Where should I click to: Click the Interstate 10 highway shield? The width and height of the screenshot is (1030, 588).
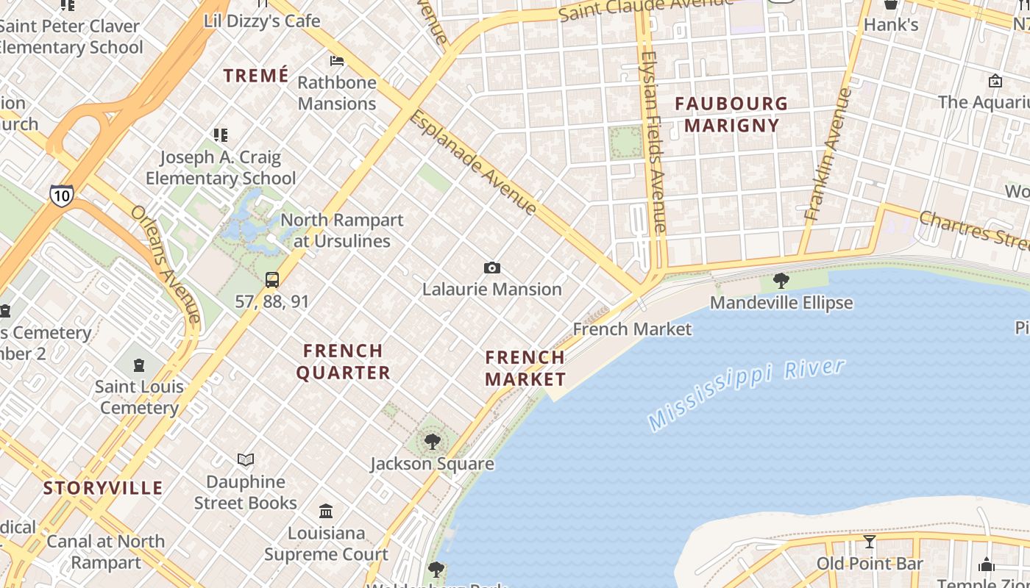(62, 196)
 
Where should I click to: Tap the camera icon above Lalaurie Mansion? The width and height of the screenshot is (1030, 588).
(492, 268)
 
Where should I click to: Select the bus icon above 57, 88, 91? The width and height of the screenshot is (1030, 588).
(272, 279)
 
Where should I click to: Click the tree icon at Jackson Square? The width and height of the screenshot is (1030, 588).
(433, 442)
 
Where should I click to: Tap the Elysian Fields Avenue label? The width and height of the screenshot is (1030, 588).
(653, 142)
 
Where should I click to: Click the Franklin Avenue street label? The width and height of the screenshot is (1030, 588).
(828, 155)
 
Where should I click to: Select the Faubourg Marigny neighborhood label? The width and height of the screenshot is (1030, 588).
(731, 115)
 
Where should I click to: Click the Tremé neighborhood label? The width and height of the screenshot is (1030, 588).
(256, 76)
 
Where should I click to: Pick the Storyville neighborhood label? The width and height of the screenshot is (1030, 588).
(103, 488)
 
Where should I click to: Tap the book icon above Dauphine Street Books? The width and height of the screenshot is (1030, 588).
(246, 459)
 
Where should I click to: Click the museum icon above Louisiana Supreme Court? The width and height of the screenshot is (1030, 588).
(326, 510)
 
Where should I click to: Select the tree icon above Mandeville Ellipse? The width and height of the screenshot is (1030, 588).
(781, 280)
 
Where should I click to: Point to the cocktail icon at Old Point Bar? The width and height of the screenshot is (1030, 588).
(870, 542)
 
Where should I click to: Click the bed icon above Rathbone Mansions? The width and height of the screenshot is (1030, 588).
(337, 60)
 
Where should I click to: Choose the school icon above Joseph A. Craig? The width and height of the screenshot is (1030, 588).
(221, 135)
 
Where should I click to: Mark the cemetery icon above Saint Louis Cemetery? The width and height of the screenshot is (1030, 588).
(139, 365)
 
